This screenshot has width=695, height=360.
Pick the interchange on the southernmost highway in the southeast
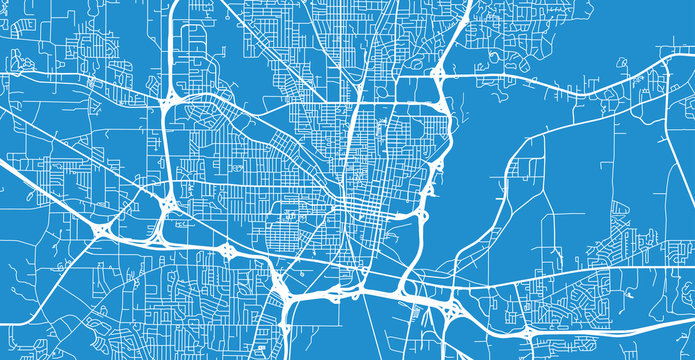[527, 331]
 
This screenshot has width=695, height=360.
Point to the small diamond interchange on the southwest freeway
[228, 250]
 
